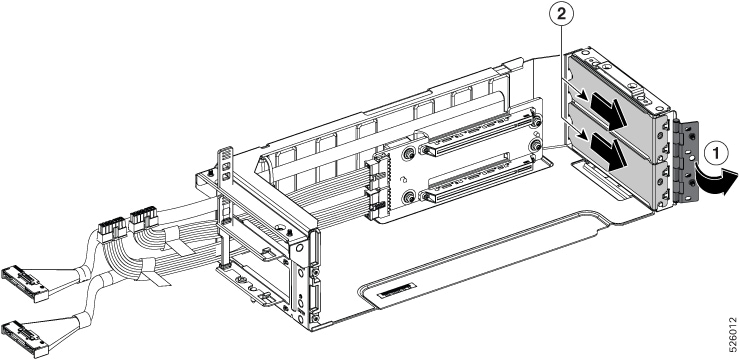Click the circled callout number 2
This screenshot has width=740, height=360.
(x=561, y=14)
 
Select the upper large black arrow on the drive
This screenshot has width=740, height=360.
(x=608, y=110)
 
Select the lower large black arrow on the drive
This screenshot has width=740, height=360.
(x=608, y=151)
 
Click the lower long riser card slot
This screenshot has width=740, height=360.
(x=479, y=178)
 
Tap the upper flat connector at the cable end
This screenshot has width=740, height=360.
(x=26, y=283)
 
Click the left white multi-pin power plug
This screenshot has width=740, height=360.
(x=113, y=229)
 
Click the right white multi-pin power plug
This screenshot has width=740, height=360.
(x=143, y=218)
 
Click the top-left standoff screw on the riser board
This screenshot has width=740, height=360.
(x=408, y=154)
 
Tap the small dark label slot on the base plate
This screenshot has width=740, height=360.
(x=396, y=292)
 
